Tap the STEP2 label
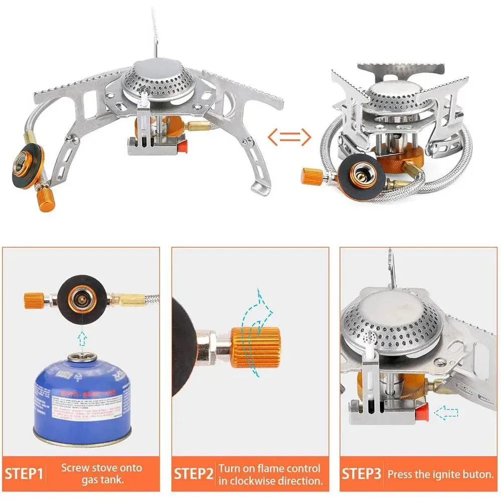[193, 473]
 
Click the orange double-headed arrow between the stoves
[289, 136]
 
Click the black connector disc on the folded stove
[360, 176]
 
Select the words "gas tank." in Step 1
[102, 480]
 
